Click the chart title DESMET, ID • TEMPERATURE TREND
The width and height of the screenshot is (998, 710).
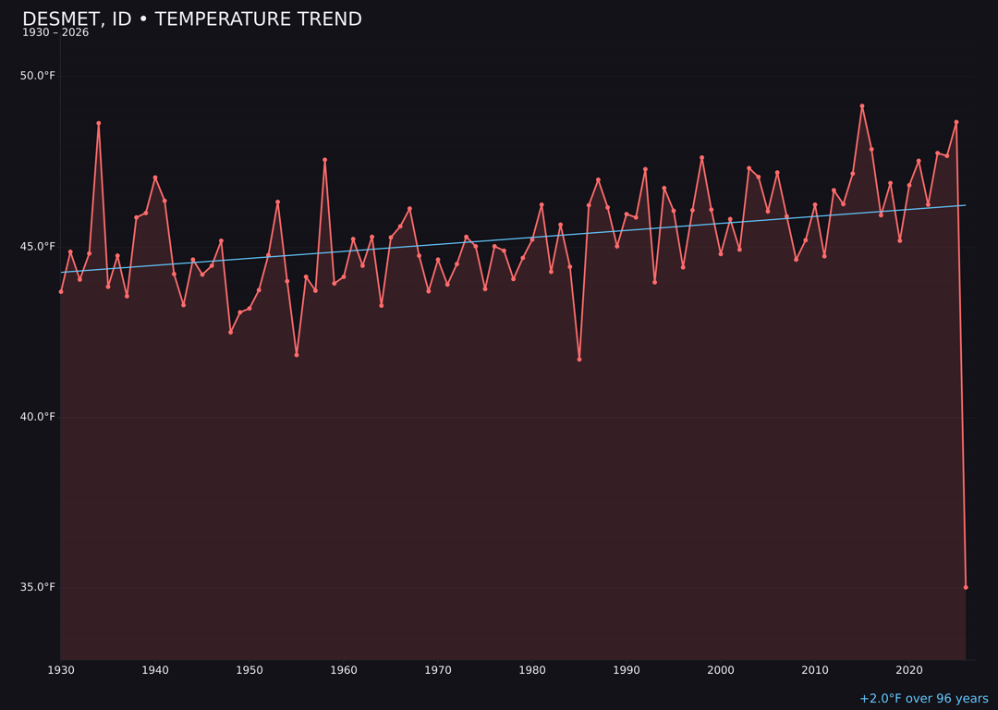pos(191,19)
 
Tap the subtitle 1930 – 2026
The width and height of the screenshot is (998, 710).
pos(55,33)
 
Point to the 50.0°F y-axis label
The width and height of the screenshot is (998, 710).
pos(38,76)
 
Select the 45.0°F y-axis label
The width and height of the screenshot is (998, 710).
pos(38,246)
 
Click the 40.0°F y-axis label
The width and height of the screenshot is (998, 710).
pos(38,417)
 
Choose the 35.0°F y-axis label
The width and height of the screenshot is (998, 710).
pos(38,587)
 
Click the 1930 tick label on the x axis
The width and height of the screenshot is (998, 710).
pos(61,670)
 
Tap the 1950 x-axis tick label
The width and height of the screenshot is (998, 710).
pos(249,670)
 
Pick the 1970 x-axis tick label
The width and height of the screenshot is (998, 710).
pos(438,670)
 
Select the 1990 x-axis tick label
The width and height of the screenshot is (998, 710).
pos(627,670)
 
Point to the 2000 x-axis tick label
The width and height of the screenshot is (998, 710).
pos(721,670)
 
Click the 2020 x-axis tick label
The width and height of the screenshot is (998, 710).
pos(909,670)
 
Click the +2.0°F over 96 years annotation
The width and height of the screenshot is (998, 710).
pos(923,699)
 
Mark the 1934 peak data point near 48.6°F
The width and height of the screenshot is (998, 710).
pos(99,123)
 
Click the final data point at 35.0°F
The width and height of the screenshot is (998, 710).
pos(966,587)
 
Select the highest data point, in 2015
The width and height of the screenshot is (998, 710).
pos(862,106)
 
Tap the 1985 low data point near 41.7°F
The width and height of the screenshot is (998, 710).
pos(579,359)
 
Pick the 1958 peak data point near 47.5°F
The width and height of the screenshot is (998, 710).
pos(324,160)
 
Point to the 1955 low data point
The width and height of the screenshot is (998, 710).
pos(297,354)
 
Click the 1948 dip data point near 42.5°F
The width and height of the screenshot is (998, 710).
pos(230,332)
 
